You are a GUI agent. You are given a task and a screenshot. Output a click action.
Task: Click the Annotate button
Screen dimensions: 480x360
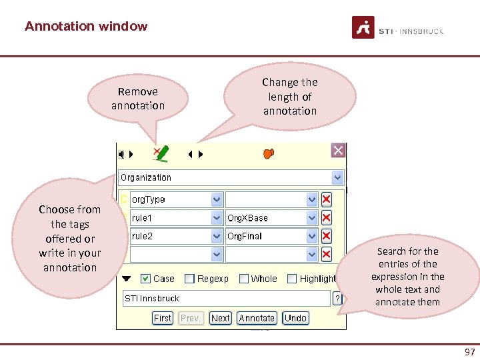point(257,318)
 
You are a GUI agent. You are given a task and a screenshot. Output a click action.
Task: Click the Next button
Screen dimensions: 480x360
point(220,318)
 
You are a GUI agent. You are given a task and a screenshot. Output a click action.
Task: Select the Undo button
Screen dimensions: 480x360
point(295,318)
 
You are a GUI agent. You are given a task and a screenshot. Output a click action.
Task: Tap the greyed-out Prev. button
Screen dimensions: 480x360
point(191,318)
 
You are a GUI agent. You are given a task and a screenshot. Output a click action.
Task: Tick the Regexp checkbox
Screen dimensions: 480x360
point(189,279)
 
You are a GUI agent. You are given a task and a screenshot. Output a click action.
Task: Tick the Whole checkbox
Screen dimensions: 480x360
point(244,279)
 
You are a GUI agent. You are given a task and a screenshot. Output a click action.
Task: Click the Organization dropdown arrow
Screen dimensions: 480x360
point(337,178)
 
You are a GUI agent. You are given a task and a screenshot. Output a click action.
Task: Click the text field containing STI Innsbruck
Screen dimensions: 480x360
point(227,298)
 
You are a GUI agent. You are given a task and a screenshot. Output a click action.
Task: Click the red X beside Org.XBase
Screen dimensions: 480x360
point(327,218)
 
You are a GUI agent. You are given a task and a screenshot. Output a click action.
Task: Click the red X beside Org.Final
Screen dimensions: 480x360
point(327,236)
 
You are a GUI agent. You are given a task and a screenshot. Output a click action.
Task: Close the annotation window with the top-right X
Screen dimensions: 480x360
point(338,151)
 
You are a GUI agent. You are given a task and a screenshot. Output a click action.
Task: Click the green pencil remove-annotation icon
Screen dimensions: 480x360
point(161,154)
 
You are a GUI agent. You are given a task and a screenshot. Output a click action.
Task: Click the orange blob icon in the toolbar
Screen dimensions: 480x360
point(269,153)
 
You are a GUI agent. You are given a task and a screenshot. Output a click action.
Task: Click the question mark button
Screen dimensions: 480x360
point(337,298)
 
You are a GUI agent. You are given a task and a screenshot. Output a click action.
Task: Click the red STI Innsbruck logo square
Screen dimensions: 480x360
point(363,27)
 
